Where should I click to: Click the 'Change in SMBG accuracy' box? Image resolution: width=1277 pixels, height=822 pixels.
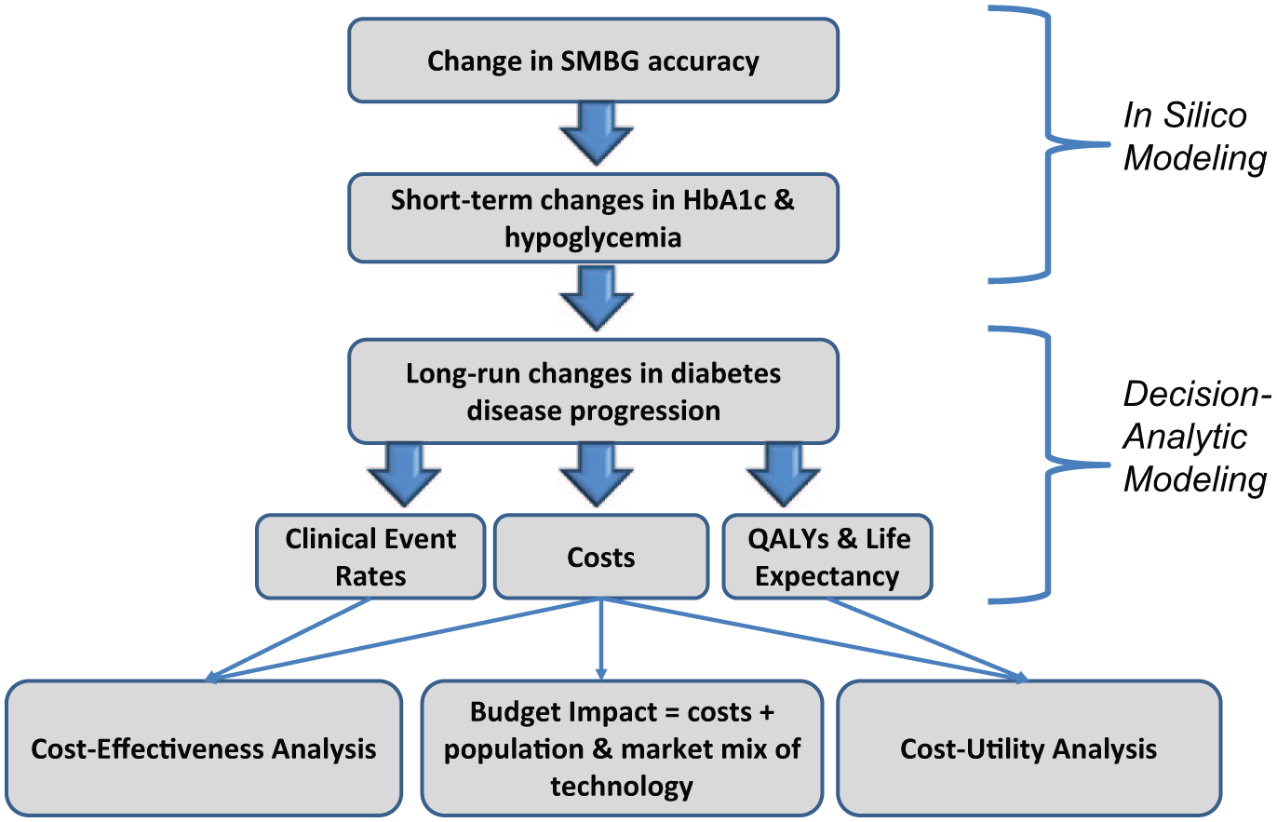(x=593, y=61)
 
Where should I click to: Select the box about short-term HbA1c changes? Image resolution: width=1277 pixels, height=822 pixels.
(x=593, y=219)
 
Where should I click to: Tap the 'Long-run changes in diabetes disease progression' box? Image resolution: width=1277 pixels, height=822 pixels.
(x=593, y=392)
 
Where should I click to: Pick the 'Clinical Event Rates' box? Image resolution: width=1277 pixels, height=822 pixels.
(x=370, y=557)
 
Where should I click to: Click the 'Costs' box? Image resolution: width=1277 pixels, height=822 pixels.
(x=601, y=557)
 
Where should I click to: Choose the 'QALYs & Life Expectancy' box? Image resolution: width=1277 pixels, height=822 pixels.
(x=827, y=557)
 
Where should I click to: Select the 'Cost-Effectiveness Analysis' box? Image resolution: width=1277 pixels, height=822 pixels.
(x=204, y=748)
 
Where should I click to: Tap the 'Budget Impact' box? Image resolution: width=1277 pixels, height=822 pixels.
(x=622, y=748)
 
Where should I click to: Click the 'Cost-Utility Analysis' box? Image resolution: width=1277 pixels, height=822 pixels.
(x=1029, y=748)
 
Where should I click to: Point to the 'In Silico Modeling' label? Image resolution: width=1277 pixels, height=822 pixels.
(x=1194, y=136)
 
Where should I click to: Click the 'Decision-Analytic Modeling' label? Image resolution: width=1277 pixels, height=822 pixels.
(x=1196, y=436)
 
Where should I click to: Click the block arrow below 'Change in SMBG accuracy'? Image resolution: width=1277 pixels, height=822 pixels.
(x=597, y=134)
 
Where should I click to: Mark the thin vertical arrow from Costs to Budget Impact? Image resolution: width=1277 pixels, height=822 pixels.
(x=601, y=639)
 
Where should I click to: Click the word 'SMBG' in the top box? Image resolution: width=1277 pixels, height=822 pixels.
(x=599, y=61)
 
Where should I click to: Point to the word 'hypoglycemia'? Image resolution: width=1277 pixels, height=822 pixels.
(x=593, y=237)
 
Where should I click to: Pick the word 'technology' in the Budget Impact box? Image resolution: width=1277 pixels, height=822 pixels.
(x=622, y=787)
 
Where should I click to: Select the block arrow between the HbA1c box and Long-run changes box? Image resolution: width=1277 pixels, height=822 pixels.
(x=597, y=298)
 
